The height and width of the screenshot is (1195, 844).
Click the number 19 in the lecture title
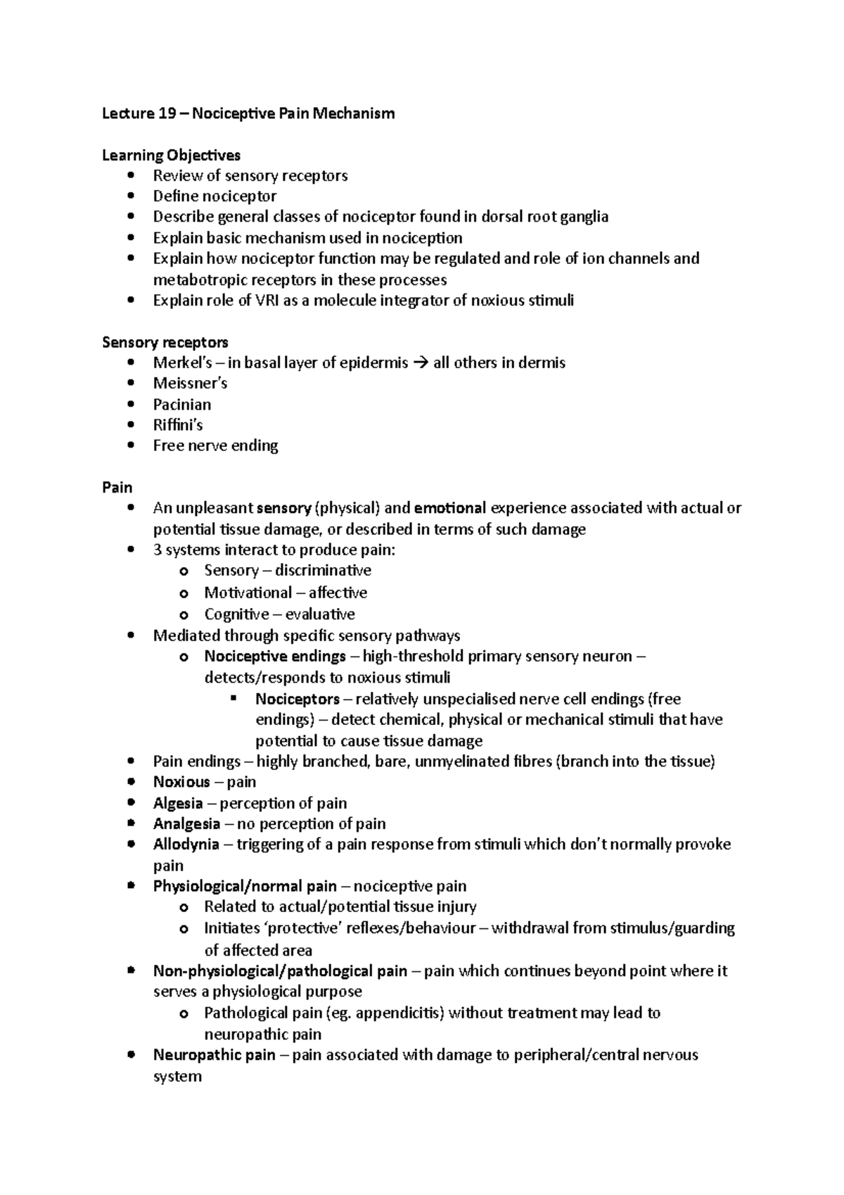(x=166, y=113)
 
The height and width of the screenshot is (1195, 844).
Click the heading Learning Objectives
(x=171, y=155)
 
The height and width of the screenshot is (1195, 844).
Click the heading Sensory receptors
(x=165, y=343)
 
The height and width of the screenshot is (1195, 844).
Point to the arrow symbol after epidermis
(x=421, y=363)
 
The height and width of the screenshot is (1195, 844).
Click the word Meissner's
(x=190, y=384)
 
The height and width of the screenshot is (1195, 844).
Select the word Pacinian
(x=181, y=405)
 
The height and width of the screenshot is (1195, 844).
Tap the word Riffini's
(x=178, y=425)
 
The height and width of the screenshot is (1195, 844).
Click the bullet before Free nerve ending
(x=132, y=446)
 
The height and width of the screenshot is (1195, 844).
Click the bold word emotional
(x=450, y=508)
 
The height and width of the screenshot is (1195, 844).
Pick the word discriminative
(x=323, y=571)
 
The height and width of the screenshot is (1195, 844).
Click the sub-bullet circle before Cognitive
(x=184, y=615)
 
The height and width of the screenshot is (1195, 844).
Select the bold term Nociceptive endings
(x=274, y=657)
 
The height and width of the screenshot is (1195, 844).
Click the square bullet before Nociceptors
(x=234, y=700)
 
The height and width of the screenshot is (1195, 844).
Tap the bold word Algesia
(x=178, y=804)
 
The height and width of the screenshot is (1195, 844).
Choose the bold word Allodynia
(x=186, y=845)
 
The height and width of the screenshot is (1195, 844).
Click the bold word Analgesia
(x=186, y=824)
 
